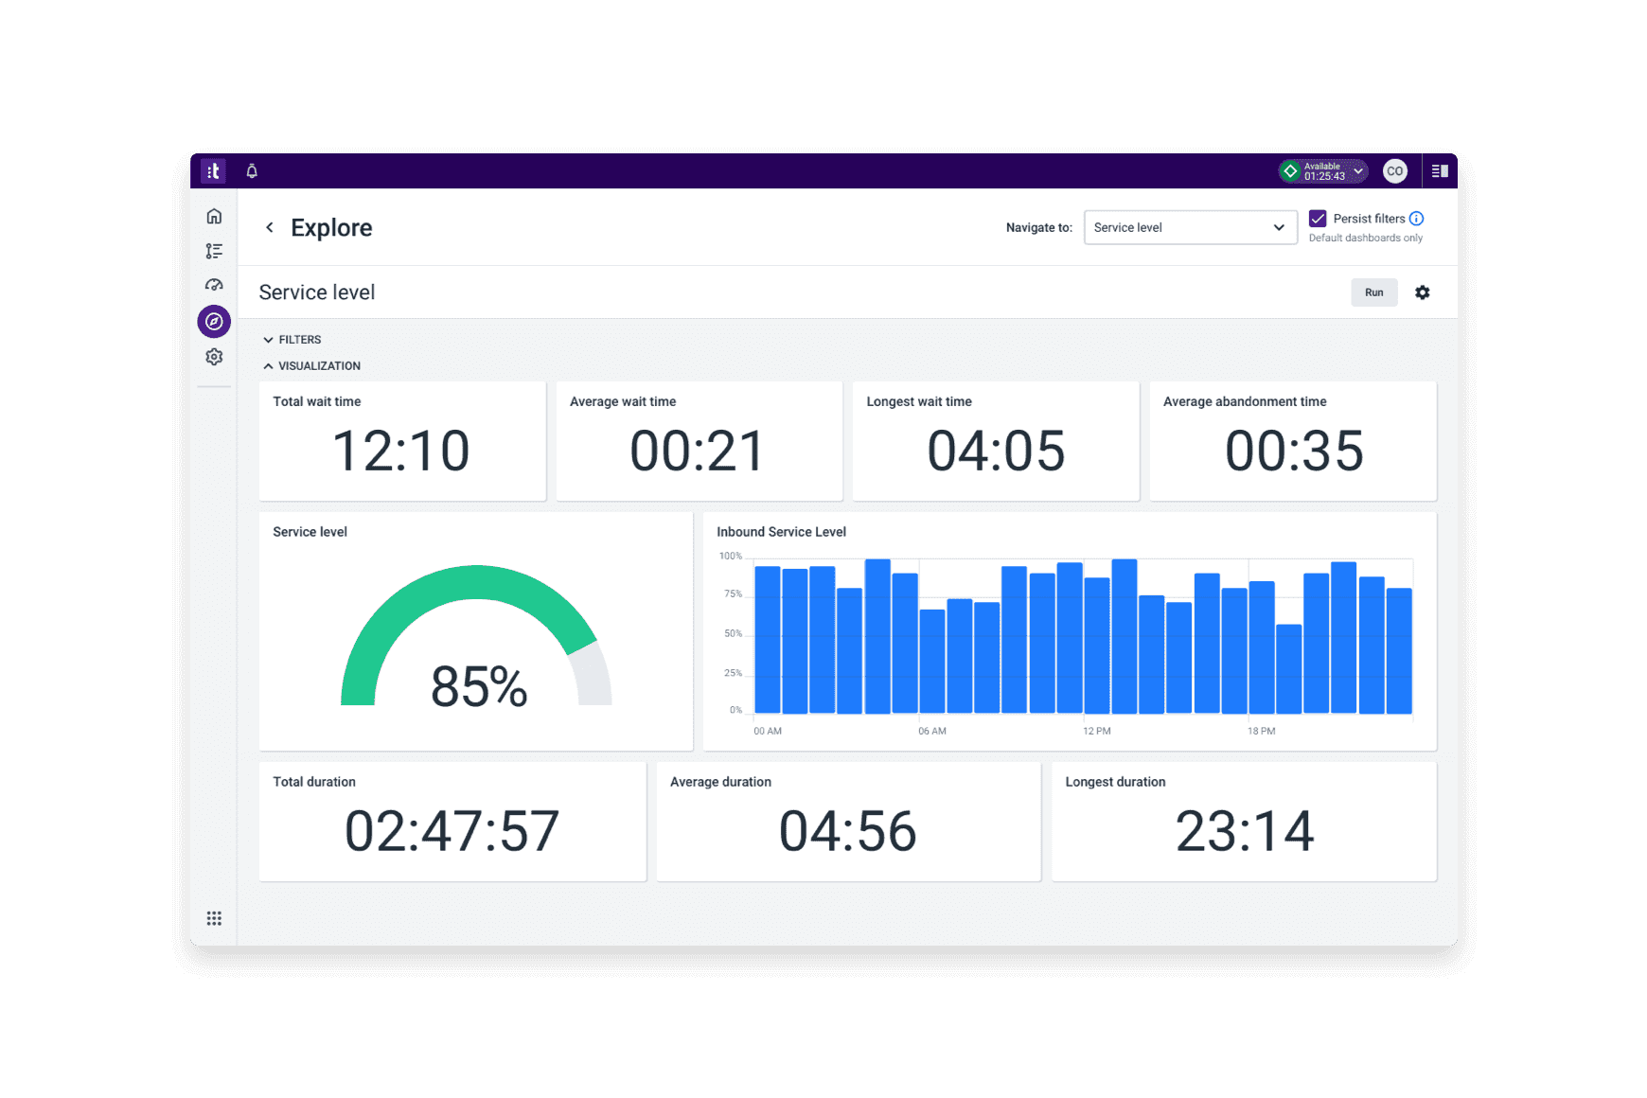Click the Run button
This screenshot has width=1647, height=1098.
click(x=1373, y=292)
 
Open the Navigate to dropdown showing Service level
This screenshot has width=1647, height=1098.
click(x=1189, y=227)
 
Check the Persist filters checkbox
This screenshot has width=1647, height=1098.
click(x=1318, y=219)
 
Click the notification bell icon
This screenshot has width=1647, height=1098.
click(x=252, y=171)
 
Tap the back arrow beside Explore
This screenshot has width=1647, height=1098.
click(x=270, y=227)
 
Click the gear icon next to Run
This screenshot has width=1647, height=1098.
click(x=1422, y=292)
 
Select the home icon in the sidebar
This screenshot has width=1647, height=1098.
click(x=214, y=217)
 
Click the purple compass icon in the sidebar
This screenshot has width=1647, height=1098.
click(x=214, y=322)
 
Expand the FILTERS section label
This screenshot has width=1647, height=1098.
click(x=299, y=340)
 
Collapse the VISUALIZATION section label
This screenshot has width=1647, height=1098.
click(x=318, y=366)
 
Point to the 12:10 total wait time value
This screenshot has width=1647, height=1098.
click(x=401, y=451)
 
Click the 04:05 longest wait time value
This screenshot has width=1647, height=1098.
click(x=996, y=451)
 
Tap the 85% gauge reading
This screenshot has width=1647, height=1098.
click(x=479, y=686)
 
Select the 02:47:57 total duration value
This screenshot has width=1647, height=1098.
click(x=452, y=831)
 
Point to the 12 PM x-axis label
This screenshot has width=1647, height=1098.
click(x=1096, y=731)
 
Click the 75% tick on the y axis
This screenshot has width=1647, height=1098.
click(x=733, y=594)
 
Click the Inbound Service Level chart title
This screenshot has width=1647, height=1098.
click(x=781, y=532)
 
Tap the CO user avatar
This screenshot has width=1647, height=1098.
click(x=1394, y=171)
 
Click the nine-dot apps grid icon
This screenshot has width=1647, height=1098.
click(x=214, y=918)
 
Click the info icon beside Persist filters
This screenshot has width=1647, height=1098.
click(x=1416, y=219)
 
